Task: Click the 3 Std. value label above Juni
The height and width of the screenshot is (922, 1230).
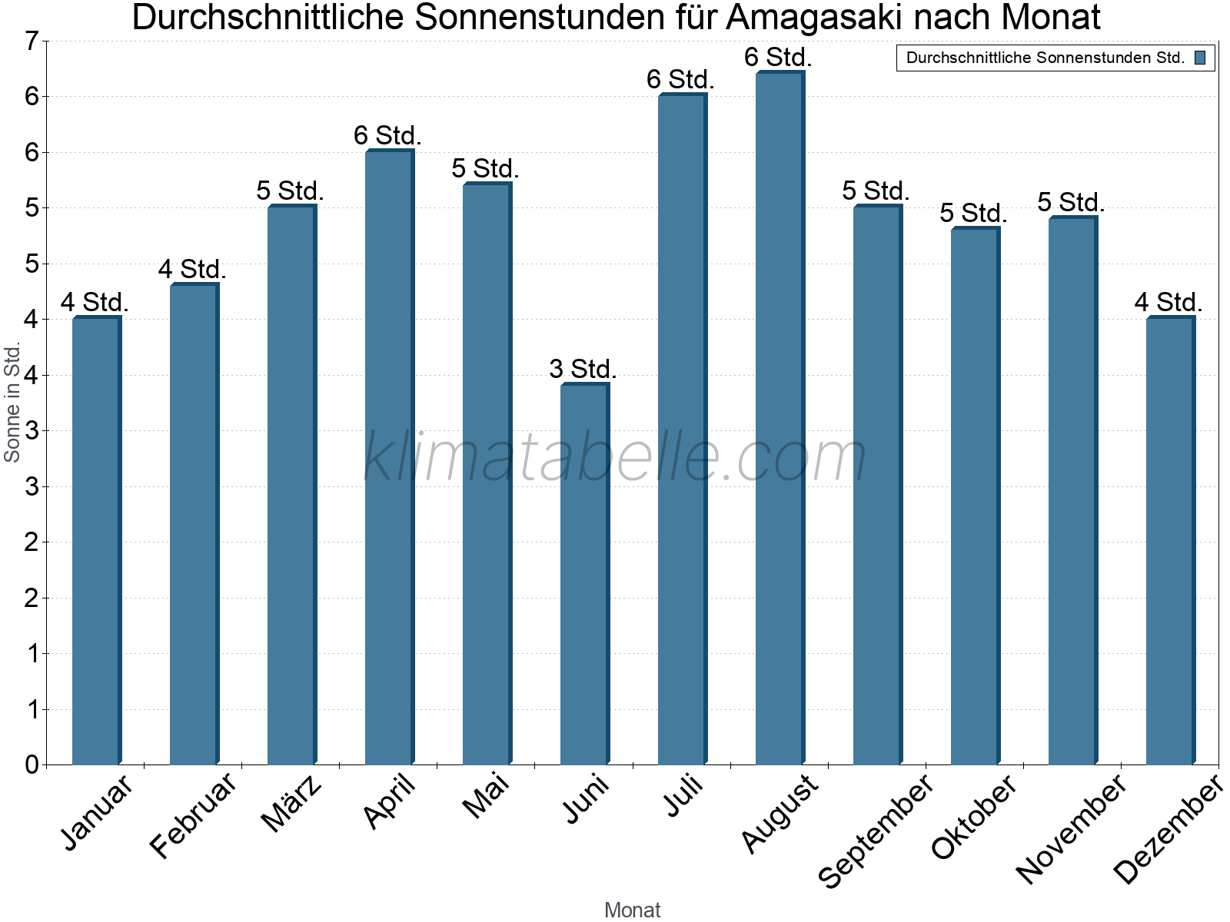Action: coord(583,369)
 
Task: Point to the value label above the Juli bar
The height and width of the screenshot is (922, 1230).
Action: coord(680,79)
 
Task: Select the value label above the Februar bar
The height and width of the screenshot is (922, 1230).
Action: coord(192,269)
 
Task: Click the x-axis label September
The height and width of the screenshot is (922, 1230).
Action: coord(876,831)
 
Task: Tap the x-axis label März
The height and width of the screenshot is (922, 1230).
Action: coord(291,803)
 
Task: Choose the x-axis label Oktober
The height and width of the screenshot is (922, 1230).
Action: coord(974,818)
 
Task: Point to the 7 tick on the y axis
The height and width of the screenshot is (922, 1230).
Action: coord(32,41)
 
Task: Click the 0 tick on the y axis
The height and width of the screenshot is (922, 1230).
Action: coord(32,764)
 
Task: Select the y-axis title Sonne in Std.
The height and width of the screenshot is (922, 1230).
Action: coord(12,402)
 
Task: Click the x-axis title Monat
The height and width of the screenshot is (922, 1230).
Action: coord(632,910)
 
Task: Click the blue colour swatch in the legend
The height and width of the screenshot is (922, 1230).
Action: coord(1200,58)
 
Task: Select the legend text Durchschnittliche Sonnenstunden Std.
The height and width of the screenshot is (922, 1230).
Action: coord(1045,58)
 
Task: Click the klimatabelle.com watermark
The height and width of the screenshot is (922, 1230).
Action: coord(615,457)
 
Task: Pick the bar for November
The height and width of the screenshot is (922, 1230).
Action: coord(1072,491)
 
